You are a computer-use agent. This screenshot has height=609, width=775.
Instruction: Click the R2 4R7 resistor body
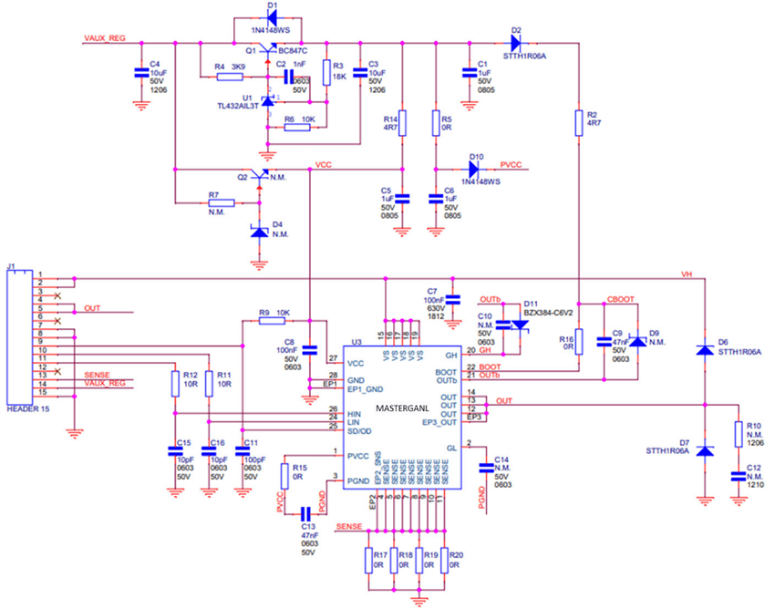[x=577, y=122]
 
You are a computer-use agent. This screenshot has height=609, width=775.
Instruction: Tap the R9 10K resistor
[x=271, y=321]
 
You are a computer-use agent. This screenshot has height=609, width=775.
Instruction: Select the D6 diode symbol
[x=704, y=350]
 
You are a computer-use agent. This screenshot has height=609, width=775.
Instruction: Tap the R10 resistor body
[x=739, y=432]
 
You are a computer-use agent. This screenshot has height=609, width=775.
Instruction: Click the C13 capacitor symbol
[x=306, y=514]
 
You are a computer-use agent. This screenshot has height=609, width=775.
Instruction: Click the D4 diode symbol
[x=260, y=232]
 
